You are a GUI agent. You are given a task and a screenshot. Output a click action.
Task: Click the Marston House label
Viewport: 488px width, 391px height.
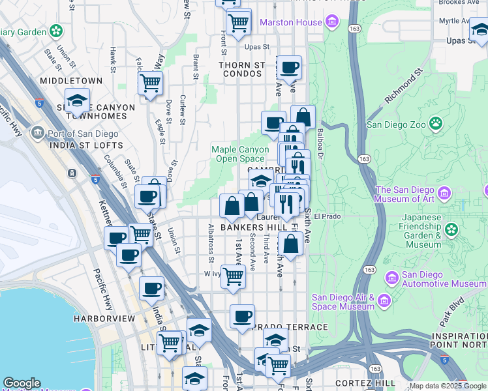[290, 22]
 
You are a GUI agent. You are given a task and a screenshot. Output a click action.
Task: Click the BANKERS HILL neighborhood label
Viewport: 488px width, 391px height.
[254, 227]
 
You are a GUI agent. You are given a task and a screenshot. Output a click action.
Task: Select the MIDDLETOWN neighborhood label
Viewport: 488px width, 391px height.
[71, 81]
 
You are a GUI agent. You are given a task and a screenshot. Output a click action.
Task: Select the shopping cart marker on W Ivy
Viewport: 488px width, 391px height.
[233, 276]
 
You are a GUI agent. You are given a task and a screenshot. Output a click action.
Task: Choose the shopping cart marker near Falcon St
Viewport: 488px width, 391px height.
[151, 83]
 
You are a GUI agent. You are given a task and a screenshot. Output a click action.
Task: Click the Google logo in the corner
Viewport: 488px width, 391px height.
[22, 383]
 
